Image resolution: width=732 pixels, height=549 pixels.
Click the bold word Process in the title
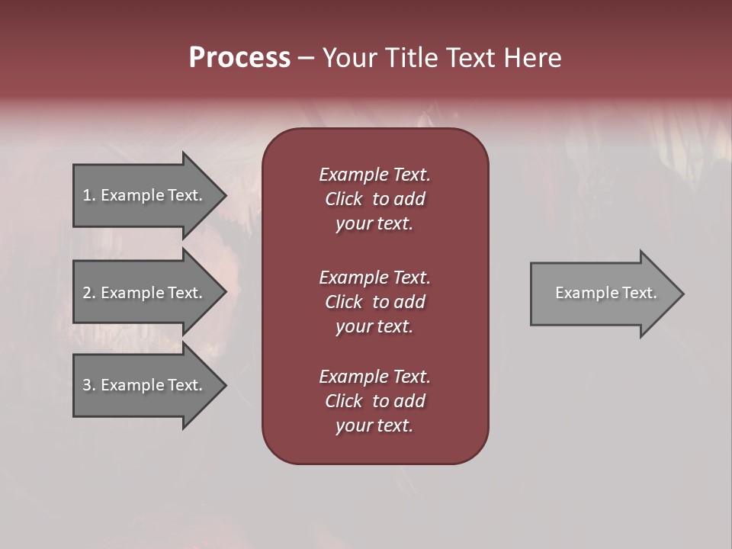click(x=239, y=58)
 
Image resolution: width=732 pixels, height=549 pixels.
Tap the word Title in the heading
click(x=409, y=58)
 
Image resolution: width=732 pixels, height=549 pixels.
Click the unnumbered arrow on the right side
click(x=602, y=293)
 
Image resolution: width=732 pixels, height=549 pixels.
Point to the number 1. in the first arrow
click(x=89, y=195)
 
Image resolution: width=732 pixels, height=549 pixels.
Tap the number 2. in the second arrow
click(x=89, y=293)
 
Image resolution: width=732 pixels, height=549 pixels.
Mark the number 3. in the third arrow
click(x=89, y=385)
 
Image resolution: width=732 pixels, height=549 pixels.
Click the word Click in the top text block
click(x=344, y=199)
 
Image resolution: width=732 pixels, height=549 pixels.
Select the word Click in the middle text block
click(x=344, y=302)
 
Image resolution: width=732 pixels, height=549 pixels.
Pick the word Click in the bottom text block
click(x=344, y=401)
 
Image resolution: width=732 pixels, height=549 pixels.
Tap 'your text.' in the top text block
click(x=374, y=223)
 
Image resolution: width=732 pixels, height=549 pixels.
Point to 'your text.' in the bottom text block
click(x=374, y=425)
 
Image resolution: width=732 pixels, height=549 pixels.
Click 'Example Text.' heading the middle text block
click(x=374, y=278)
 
